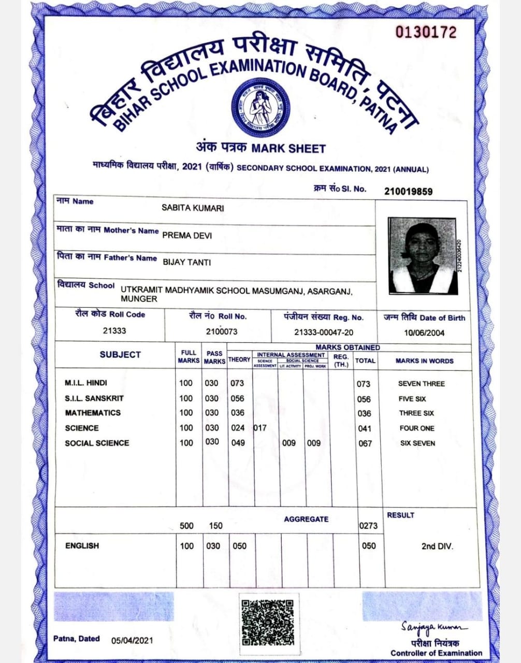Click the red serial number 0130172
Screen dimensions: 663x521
tap(426, 33)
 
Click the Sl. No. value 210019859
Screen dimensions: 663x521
tap(408, 192)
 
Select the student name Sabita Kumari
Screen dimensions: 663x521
tap(193, 208)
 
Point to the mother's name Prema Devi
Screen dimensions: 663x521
tap(187, 236)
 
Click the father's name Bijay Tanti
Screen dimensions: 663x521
tap(187, 263)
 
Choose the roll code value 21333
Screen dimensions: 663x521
tap(114, 331)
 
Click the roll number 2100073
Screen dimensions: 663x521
tap(221, 331)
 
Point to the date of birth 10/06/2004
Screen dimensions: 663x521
tap(424, 333)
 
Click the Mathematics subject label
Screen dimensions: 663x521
tap(93, 413)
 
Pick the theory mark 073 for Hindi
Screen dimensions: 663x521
tap(237, 383)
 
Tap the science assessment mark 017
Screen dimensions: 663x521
tap(260, 428)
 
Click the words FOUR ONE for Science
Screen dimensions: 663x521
tap(417, 428)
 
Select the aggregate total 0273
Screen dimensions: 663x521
tap(368, 526)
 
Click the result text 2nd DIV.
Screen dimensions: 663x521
tap(437, 546)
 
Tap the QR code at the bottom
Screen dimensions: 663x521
tap(268, 623)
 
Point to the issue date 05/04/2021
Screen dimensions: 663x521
tap(132, 640)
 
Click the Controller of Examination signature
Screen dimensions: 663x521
tap(433, 628)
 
